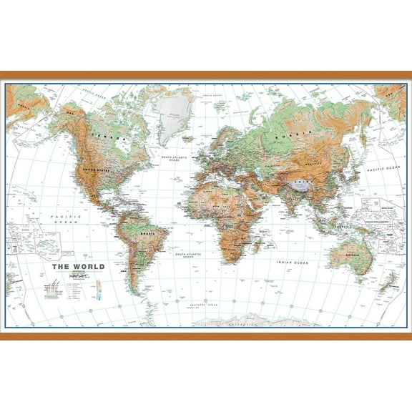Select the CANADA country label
[x=105, y=137]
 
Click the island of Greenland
[x=172, y=115]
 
